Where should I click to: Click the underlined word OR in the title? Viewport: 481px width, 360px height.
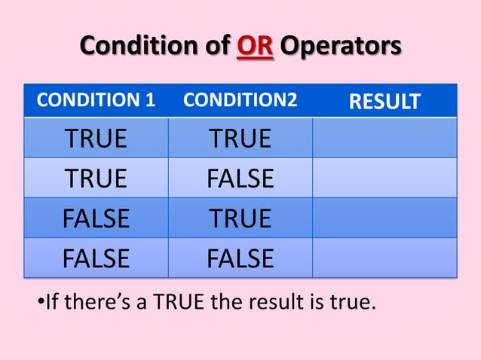tap(256, 47)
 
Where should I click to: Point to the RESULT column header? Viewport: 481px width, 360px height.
tap(384, 101)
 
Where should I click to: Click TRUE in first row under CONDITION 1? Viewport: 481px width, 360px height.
tap(96, 138)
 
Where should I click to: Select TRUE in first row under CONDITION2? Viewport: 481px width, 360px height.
tap(240, 138)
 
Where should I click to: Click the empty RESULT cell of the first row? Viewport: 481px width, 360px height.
tap(384, 138)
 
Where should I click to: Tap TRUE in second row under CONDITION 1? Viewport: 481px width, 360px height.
tap(96, 178)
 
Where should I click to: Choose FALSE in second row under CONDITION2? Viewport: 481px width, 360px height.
tap(240, 178)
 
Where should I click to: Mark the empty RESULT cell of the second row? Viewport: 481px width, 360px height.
tap(384, 178)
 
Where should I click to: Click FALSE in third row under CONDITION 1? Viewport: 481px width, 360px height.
tap(96, 218)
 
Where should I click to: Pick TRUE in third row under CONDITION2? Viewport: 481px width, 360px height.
tap(240, 218)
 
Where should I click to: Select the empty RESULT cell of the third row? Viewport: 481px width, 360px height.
tap(384, 218)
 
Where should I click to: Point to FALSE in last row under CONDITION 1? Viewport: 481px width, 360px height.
tap(96, 258)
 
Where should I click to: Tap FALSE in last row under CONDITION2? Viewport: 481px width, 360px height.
tap(240, 258)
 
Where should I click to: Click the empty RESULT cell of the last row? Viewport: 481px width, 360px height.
tap(384, 258)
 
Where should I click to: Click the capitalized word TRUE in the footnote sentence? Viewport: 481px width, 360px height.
tap(179, 305)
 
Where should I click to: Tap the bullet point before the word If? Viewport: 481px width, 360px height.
tap(40, 305)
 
